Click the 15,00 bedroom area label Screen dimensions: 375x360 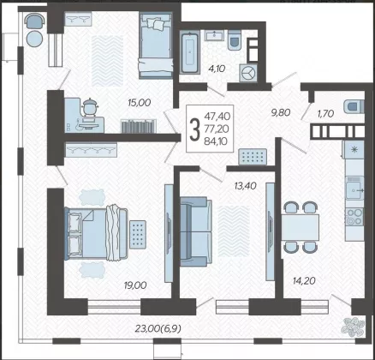pyautogui.click(x=139, y=103)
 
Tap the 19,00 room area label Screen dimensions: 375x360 pyautogui.click(x=135, y=285)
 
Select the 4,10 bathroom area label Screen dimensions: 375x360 pyautogui.click(x=217, y=69)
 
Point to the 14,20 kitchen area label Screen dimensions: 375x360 pyautogui.click(x=304, y=281)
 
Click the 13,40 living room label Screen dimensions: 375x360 pyautogui.click(x=246, y=186)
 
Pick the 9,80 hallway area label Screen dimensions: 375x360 pyautogui.click(x=281, y=112)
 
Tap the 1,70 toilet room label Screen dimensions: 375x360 pyautogui.click(x=326, y=114)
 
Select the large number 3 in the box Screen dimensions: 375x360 pyautogui.click(x=194, y=129)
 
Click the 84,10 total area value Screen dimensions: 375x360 pyautogui.click(x=216, y=141)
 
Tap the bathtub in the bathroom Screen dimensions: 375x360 pyautogui.click(x=190, y=52)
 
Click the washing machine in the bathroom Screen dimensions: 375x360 pyautogui.click(x=248, y=73)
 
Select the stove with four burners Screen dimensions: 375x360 pyautogui.click(x=354, y=217)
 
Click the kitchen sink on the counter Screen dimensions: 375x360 pyautogui.click(x=354, y=189)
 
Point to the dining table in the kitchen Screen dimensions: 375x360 pyautogui.click(x=301, y=227)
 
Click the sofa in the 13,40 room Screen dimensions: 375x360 pyautogui.click(x=196, y=231)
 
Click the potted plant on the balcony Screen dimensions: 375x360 pyautogui.click(x=353, y=327)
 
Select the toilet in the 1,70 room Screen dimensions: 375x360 pyautogui.click(x=354, y=106)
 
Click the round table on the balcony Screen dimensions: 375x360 pyautogui.click(x=35, y=38)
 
